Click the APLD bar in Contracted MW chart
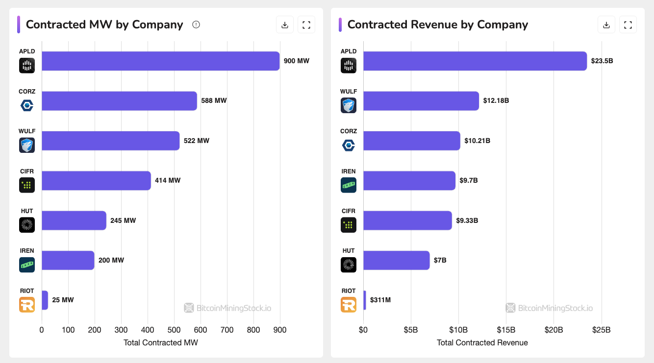click(x=160, y=61)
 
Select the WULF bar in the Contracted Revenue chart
click(x=421, y=101)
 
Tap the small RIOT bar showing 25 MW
click(x=45, y=300)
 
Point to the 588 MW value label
click(x=214, y=101)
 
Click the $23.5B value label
click(x=602, y=61)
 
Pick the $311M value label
click(x=380, y=300)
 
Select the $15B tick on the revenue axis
click(x=506, y=330)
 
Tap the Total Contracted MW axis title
click(x=161, y=342)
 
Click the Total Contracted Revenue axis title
click(x=482, y=342)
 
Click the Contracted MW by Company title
click(x=104, y=24)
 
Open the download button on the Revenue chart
click(x=606, y=24)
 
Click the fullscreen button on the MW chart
click(x=306, y=24)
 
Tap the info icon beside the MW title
click(x=196, y=24)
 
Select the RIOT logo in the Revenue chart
click(x=349, y=305)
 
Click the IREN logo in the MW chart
click(x=27, y=265)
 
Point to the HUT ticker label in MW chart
click(x=27, y=211)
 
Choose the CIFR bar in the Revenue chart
click(x=407, y=220)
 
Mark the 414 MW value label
click(x=168, y=181)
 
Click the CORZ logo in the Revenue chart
click(x=349, y=145)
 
